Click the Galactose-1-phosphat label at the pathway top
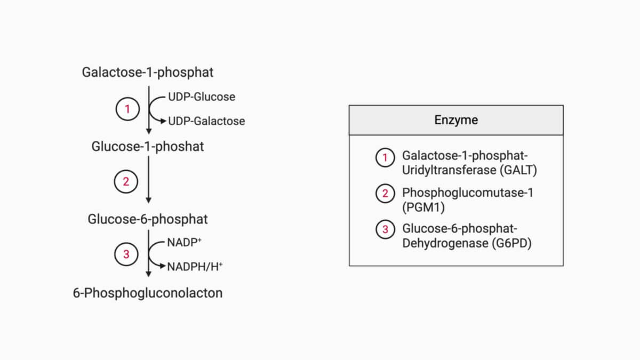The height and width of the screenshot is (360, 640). [x=148, y=73]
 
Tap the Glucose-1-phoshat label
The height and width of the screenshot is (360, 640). [x=148, y=146]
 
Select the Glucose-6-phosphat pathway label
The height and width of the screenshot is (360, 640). [x=148, y=219]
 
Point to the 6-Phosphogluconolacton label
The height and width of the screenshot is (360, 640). [x=148, y=293]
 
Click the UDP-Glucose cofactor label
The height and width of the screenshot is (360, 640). [x=202, y=97]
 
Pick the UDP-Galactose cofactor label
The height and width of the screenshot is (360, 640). [x=206, y=121]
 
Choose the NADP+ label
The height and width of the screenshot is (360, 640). [x=184, y=242]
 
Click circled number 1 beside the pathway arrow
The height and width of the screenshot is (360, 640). [x=127, y=109]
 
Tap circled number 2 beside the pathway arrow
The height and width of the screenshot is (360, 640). [x=126, y=182]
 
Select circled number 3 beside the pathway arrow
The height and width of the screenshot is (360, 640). [x=126, y=254]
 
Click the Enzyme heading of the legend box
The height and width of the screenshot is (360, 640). [x=456, y=120]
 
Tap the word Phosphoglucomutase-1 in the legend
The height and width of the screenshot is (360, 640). [x=467, y=193]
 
